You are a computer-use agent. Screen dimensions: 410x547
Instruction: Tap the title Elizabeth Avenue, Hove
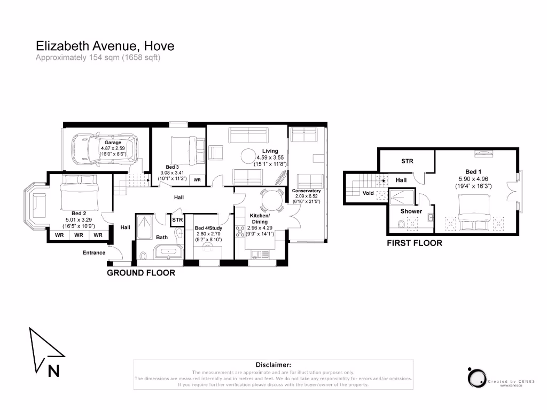tap(105, 46)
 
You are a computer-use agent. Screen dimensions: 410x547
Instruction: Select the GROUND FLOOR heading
tap(141, 273)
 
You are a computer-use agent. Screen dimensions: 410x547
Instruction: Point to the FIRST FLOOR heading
tap(415, 243)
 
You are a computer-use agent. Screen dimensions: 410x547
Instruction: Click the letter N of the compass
tap(53, 370)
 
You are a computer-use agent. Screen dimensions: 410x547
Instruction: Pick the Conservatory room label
tap(306, 191)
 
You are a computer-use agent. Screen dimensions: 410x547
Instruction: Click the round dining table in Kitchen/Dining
tap(270, 201)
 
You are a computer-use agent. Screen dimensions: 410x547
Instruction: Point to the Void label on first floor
tap(368, 193)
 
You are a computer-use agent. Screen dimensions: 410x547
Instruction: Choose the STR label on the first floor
tap(407, 161)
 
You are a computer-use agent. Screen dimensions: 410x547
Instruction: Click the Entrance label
tap(93, 253)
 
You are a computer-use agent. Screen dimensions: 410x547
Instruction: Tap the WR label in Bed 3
tap(197, 180)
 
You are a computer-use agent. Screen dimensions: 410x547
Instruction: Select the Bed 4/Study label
tap(208, 228)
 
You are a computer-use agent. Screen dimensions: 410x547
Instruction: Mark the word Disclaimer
tap(273, 364)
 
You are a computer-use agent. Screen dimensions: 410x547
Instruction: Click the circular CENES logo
tap(475, 377)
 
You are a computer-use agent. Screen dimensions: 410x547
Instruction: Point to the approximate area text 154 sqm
tap(98, 58)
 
